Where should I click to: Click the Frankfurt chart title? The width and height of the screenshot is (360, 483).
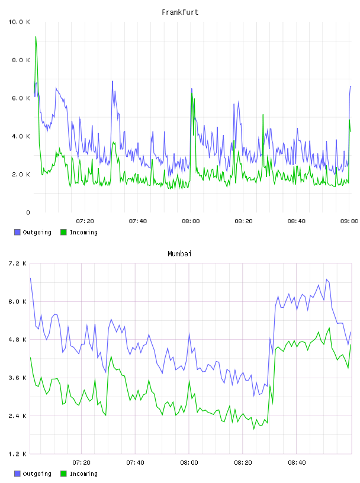[x=180, y=12]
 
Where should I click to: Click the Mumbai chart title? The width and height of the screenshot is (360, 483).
[x=179, y=254]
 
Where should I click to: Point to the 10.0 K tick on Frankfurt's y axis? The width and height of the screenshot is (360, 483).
[x=19, y=22]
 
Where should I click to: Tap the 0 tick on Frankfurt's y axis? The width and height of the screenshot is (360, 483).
[x=28, y=212]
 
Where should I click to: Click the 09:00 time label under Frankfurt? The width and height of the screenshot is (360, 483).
[x=349, y=221]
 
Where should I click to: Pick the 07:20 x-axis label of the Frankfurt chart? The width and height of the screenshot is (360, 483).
[x=85, y=221]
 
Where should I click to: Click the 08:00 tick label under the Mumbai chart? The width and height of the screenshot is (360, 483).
[x=189, y=463]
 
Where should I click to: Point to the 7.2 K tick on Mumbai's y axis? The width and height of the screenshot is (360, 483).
[x=17, y=263]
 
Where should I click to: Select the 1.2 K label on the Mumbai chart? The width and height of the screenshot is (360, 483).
[x=17, y=454]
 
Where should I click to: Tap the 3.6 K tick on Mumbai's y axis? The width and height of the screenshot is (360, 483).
[x=17, y=378]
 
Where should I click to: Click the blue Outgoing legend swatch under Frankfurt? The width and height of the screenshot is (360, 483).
[x=17, y=232]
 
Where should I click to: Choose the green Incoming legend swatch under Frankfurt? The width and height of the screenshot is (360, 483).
[x=63, y=232]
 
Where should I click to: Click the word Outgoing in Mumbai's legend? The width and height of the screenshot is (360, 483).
[x=37, y=474]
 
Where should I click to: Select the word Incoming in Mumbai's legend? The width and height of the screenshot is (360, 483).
[x=83, y=474]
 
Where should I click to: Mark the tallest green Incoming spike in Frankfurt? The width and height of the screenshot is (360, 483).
[x=36, y=37]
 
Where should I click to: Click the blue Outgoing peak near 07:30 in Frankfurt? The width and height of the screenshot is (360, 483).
[x=112, y=81]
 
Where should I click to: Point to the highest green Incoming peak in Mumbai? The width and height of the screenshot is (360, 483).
[x=329, y=328]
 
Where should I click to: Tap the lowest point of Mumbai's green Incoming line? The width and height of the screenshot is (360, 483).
[x=254, y=429]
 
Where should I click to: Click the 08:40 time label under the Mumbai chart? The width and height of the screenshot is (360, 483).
[x=297, y=463]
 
